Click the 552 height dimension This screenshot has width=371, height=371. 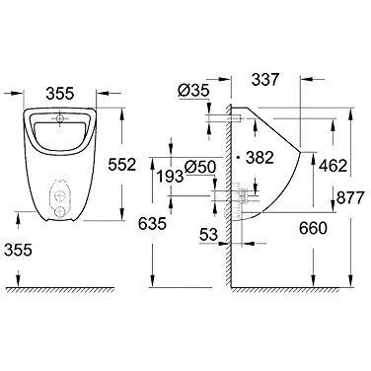pyautogui.click(x=122, y=165)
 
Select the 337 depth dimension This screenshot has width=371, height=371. pyautogui.click(x=265, y=80)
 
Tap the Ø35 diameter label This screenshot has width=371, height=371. pyautogui.click(x=193, y=91)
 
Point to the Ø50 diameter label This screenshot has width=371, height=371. pyautogui.click(x=200, y=167)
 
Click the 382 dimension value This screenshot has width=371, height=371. pyautogui.click(x=260, y=158)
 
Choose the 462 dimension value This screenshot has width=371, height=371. pyautogui.click(x=334, y=166)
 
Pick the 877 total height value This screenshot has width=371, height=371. pyautogui.click(x=350, y=197)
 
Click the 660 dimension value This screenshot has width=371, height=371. pyautogui.click(x=313, y=228)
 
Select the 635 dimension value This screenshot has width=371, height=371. pyautogui.click(x=152, y=224)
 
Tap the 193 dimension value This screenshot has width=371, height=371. pyautogui.click(x=170, y=177)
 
